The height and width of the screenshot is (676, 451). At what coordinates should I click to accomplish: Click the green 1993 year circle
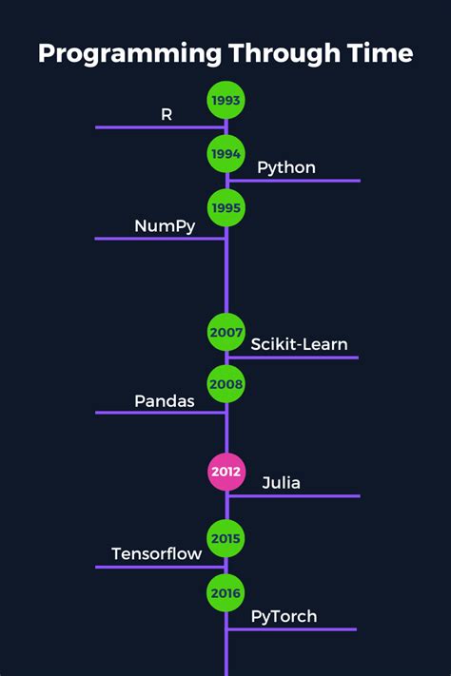click(x=226, y=100)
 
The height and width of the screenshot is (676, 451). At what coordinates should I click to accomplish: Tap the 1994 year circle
click(x=226, y=154)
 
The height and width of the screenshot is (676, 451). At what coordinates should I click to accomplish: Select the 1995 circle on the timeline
click(x=226, y=207)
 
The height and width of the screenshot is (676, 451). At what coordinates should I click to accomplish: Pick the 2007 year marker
click(x=226, y=332)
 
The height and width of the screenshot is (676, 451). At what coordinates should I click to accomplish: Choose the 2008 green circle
click(x=226, y=384)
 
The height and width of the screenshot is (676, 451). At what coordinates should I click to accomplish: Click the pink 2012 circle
click(x=226, y=472)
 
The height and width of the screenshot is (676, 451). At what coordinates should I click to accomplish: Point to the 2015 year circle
click(x=226, y=538)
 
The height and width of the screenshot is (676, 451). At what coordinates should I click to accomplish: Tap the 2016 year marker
click(x=226, y=593)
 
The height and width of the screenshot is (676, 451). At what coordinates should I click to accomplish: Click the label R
click(x=167, y=114)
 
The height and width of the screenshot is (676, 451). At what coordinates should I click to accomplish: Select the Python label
click(x=286, y=168)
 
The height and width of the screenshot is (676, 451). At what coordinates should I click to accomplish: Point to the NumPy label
click(x=165, y=225)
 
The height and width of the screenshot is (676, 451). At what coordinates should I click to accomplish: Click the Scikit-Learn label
click(x=299, y=344)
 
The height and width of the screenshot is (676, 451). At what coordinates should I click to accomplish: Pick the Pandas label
click(x=165, y=400)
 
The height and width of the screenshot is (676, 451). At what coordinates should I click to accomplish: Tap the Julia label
click(x=281, y=483)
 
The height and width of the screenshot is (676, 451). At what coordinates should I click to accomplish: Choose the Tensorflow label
click(x=157, y=554)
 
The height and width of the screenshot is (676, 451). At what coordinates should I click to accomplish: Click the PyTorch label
click(x=284, y=617)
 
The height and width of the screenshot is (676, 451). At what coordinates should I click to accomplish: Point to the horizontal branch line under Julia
click(x=295, y=496)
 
